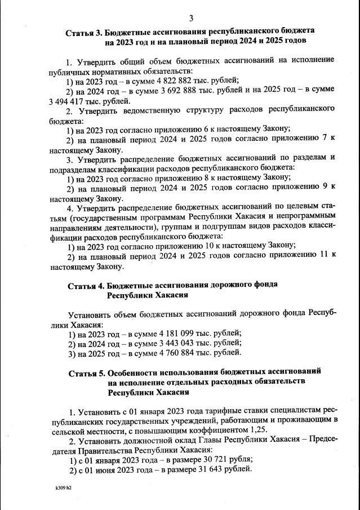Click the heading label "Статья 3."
84,32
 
